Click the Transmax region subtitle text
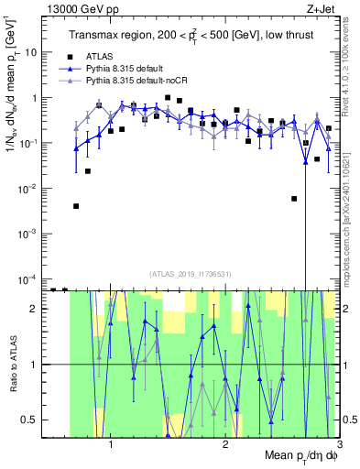click(x=189, y=35)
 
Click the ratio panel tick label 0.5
click(x=32, y=420)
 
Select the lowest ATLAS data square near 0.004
click(x=77, y=206)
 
